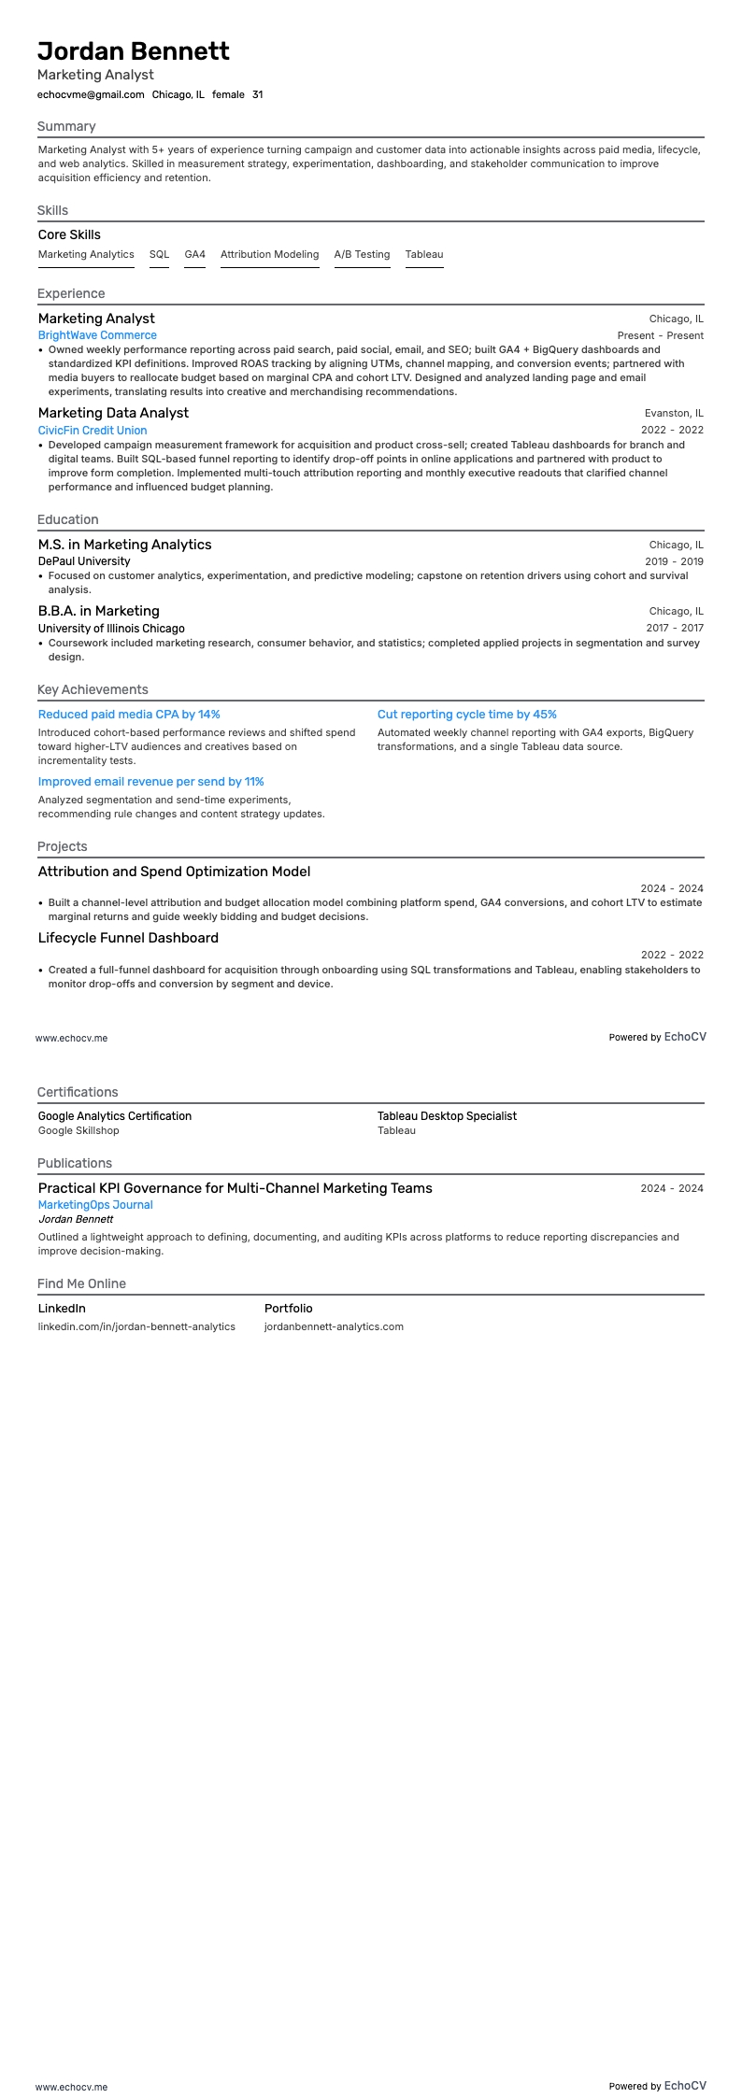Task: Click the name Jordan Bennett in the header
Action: coord(134,51)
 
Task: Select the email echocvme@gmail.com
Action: coord(91,94)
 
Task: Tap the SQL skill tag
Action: coord(159,254)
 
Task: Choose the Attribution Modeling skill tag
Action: coord(269,254)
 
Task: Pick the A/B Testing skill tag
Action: coord(362,254)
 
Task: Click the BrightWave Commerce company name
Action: coord(97,335)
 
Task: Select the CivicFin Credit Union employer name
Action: coord(93,431)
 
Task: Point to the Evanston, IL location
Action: coord(674,413)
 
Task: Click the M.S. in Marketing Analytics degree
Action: coord(124,545)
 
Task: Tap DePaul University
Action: coord(84,561)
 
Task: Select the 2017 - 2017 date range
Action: coord(674,628)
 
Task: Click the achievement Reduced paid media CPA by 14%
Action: coord(129,715)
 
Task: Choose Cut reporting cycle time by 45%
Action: coord(466,715)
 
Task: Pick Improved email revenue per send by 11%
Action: coord(150,782)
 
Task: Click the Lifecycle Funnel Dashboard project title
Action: coord(128,938)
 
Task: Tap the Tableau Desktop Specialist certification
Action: coord(447,1116)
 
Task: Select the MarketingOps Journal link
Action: coord(95,1205)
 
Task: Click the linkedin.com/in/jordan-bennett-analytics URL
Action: coord(136,1326)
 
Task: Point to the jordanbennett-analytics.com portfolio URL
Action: coord(334,1326)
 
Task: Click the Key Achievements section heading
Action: coord(93,689)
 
